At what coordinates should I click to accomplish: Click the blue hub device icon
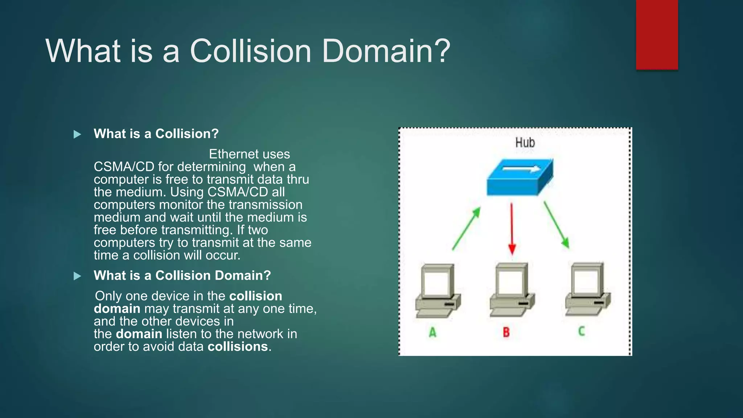520,177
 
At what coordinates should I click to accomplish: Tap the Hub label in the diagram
525,143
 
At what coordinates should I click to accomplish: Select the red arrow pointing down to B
512,229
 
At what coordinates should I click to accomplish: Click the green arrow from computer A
467,228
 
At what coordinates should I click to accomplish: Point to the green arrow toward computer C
556,225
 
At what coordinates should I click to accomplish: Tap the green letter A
432,332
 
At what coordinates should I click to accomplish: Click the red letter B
506,332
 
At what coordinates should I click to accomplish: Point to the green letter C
582,331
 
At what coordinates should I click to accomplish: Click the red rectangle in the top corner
657,34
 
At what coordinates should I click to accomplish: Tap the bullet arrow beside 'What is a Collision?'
77,135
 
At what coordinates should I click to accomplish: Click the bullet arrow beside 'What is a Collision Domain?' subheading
77,276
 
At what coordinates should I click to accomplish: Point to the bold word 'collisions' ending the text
238,347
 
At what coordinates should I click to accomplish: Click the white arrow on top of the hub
521,169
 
